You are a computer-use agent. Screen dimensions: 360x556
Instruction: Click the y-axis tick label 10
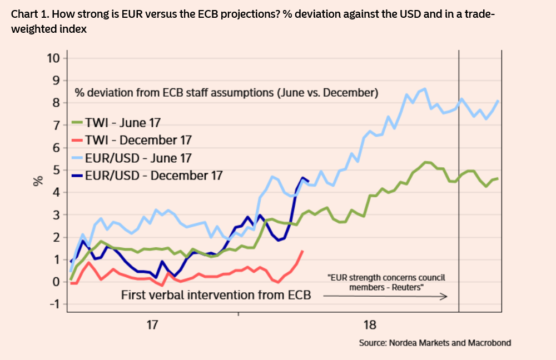[x=54, y=58]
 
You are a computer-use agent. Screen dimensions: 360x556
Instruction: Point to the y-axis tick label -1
[x=54, y=304]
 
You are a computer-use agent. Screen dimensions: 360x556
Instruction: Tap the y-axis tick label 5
[x=57, y=170]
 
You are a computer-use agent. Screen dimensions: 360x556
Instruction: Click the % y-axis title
[x=38, y=181]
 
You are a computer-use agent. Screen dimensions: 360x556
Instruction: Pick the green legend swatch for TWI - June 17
[x=78, y=123]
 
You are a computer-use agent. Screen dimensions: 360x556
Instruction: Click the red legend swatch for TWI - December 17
[x=78, y=140]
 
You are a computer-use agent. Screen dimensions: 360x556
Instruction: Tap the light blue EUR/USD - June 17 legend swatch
[x=78, y=158]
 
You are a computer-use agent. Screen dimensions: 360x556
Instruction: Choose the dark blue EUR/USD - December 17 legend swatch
[x=78, y=176]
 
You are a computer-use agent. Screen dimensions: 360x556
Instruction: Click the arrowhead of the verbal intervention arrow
[x=444, y=297]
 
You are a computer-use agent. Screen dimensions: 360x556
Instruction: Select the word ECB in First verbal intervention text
[x=299, y=294]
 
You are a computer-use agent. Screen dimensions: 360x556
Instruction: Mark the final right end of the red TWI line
[x=302, y=251]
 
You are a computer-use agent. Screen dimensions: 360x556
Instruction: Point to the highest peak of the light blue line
[x=425, y=89]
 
